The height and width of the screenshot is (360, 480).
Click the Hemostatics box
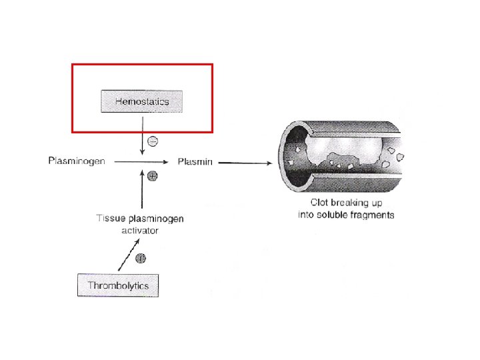point(141,101)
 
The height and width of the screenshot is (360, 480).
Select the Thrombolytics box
point(117,285)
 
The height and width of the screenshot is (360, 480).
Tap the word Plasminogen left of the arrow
point(77,162)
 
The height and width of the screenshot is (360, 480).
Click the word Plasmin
point(195,162)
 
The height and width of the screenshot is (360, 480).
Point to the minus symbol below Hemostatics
point(153,141)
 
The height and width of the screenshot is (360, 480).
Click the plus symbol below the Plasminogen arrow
point(152,177)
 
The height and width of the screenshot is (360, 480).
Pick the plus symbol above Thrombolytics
point(140,258)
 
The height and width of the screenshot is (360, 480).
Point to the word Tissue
point(110,219)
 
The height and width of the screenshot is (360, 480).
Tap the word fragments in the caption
point(374,215)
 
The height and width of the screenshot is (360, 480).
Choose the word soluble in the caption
point(337,215)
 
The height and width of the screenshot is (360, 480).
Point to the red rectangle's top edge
point(142,65)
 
